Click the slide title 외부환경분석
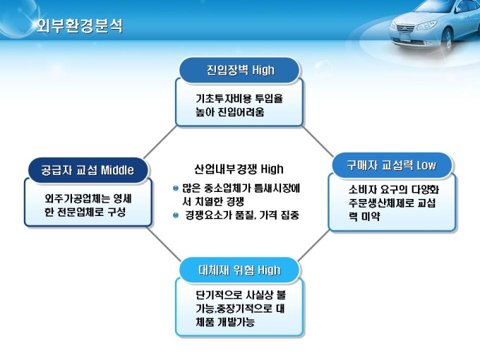[x=80, y=26]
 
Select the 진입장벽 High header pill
[x=240, y=71]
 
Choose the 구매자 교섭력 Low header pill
[x=391, y=165]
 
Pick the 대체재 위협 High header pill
[x=239, y=270]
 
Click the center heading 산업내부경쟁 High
[x=239, y=169]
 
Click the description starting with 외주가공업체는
[x=88, y=205]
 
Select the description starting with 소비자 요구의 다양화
[x=392, y=203]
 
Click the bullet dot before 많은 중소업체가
[x=176, y=188]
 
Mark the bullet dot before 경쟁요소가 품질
[x=176, y=214]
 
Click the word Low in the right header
[x=426, y=165]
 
